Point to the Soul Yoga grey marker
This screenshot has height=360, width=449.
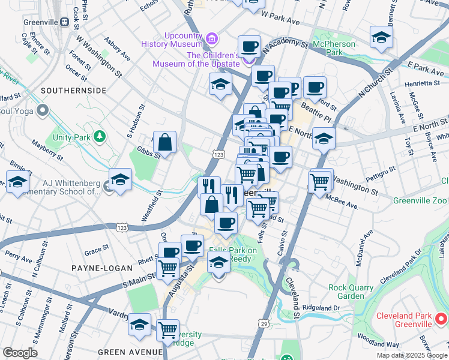pyautogui.click(x=42, y=110)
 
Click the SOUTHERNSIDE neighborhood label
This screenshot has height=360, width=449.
pyautogui.click(x=73, y=90)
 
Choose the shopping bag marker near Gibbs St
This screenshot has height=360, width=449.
pyautogui.click(x=164, y=143)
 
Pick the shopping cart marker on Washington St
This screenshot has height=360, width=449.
pyautogui.click(x=320, y=181)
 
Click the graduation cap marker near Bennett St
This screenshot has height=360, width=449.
pyautogui.click(x=381, y=38)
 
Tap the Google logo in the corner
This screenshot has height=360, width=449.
pyautogui.click(x=20, y=353)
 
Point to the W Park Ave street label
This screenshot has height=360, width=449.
pyautogui.click(x=280, y=21)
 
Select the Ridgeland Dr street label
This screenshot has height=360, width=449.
pyautogui.click(x=321, y=308)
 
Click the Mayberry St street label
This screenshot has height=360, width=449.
pyautogui.click(x=48, y=151)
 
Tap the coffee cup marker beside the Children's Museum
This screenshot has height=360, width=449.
pyautogui.click(x=249, y=47)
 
